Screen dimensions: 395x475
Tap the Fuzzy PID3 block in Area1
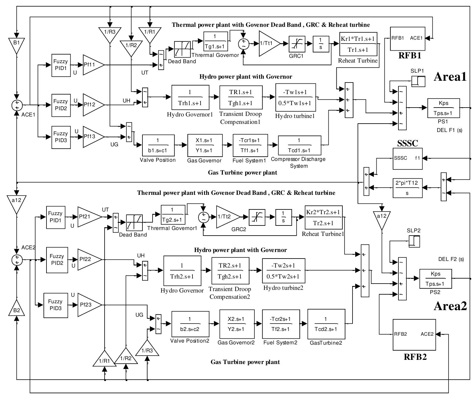61,137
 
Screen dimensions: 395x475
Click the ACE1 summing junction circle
17,105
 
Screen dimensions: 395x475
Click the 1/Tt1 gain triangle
268,43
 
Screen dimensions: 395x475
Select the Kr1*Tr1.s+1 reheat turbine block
358,44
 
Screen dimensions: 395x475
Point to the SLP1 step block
418,81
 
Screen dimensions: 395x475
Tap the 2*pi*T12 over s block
407,188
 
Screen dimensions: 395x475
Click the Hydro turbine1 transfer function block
296,97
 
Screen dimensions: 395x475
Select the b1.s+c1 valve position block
158,145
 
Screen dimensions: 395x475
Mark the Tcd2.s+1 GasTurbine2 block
326,324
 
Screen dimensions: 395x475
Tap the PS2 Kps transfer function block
435,279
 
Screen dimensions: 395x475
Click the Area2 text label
450,306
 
